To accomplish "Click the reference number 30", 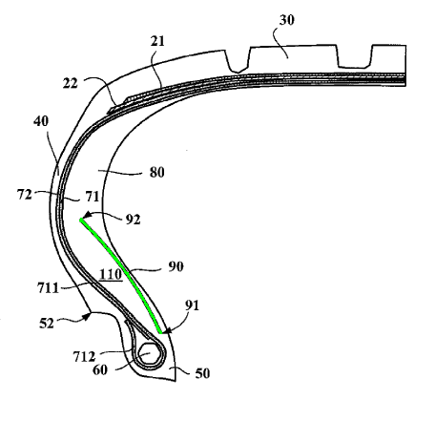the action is [x=287, y=20].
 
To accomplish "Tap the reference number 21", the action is [x=157, y=41].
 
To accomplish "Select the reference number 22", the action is [x=71, y=83].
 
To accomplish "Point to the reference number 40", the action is [x=41, y=121].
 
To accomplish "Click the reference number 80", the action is [x=157, y=173].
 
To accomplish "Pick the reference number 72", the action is [x=25, y=195].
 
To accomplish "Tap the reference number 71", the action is [x=93, y=197].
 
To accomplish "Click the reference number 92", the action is [x=133, y=220].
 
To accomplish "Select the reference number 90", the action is [x=176, y=266].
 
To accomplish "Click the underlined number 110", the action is [x=111, y=275].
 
